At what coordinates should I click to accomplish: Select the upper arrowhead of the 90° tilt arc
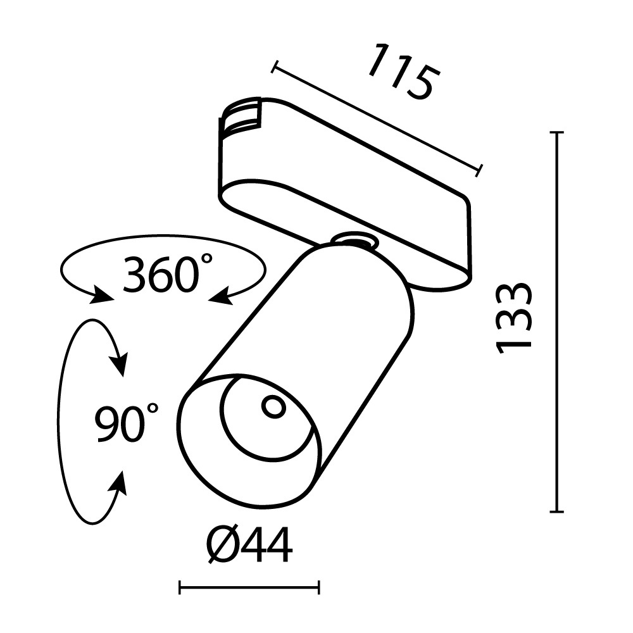pos(118,364)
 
